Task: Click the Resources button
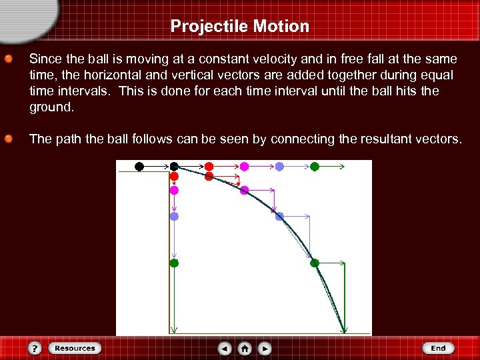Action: tap(75, 348)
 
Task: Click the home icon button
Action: tap(245, 348)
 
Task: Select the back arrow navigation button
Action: tap(225, 348)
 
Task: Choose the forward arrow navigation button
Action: tap(265, 348)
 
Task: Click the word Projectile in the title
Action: tap(209, 27)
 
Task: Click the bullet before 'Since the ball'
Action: tap(9, 59)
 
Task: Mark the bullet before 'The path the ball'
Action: tap(9, 139)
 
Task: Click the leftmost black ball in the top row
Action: tap(139, 166)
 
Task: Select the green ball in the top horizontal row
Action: tap(315, 166)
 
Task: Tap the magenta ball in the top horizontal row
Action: tap(244, 166)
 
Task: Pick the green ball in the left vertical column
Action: tap(174, 263)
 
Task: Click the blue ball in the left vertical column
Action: tap(174, 216)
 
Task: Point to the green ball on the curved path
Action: tap(315, 263)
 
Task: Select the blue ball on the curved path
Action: tap(279, 216)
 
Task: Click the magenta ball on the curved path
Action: tap(244, 190)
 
